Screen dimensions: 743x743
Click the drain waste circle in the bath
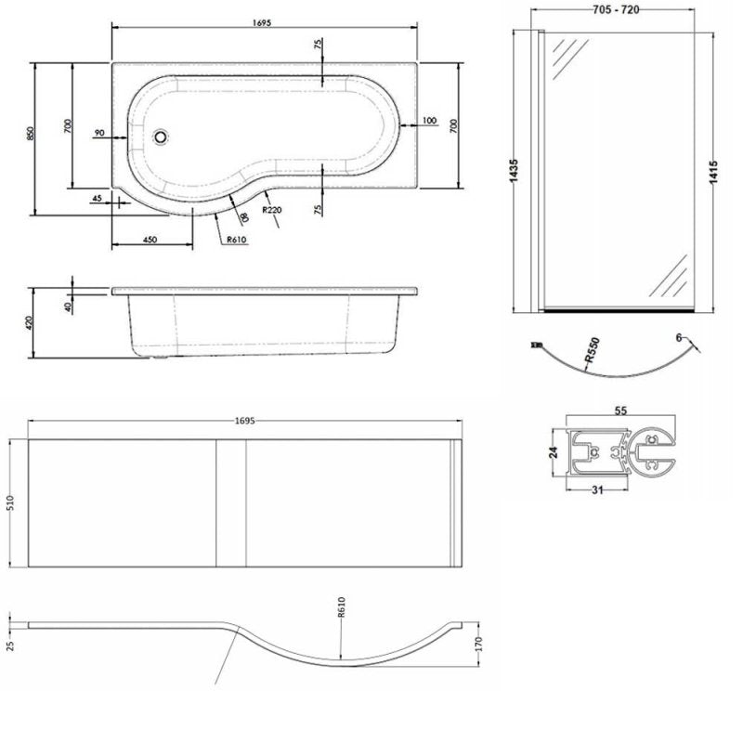tap(161, 137)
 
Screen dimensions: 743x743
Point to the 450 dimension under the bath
tap(150, 240)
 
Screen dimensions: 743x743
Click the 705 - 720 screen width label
tap(616, 10)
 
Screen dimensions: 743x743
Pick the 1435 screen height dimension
tap(514, 171)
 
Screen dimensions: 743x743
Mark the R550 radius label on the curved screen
tap(592, 350)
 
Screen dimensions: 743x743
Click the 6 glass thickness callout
tap(679, 337)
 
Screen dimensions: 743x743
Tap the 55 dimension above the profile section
tap(620, 411)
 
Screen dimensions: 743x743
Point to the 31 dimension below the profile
tap(597, 490)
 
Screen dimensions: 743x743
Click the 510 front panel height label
tap(11, 502)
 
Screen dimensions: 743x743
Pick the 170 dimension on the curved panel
tap(478, 645)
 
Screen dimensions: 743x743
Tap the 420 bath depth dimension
tap(30, 323)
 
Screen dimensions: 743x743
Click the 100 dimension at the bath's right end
tap(429, 121)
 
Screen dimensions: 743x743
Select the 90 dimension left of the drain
tap(99, 133)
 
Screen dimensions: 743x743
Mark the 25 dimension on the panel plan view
tap(11, 645)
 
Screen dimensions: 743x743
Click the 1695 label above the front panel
tap(246, 421)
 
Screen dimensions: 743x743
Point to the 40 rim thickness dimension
tap(68, 307)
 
